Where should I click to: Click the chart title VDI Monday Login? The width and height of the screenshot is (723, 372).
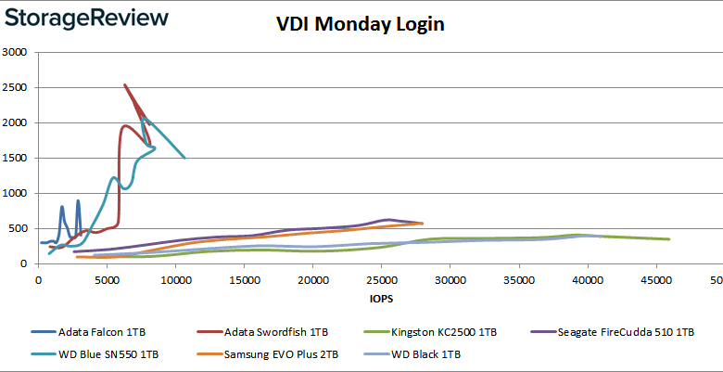coord(361,24)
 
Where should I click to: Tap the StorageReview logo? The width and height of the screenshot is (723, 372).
coord(85,18)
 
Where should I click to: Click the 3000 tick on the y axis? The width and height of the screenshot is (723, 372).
coord(16,52)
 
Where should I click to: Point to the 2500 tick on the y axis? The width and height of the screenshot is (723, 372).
coord(16,87)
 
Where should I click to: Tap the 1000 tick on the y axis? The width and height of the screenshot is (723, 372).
coord(16,193)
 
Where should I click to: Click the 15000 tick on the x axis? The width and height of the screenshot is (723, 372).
coord(244,280)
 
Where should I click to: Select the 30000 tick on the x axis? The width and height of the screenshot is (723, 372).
coord(450,280)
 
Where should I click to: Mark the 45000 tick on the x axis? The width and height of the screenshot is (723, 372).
coord(655,280)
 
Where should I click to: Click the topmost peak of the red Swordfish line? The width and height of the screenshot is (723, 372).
coord(125,85)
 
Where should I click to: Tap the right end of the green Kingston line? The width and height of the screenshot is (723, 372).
coord(668,239)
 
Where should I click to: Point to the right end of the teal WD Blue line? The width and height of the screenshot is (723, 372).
coord(184,158)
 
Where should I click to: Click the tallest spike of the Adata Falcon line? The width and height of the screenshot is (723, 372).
coord(78,200)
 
